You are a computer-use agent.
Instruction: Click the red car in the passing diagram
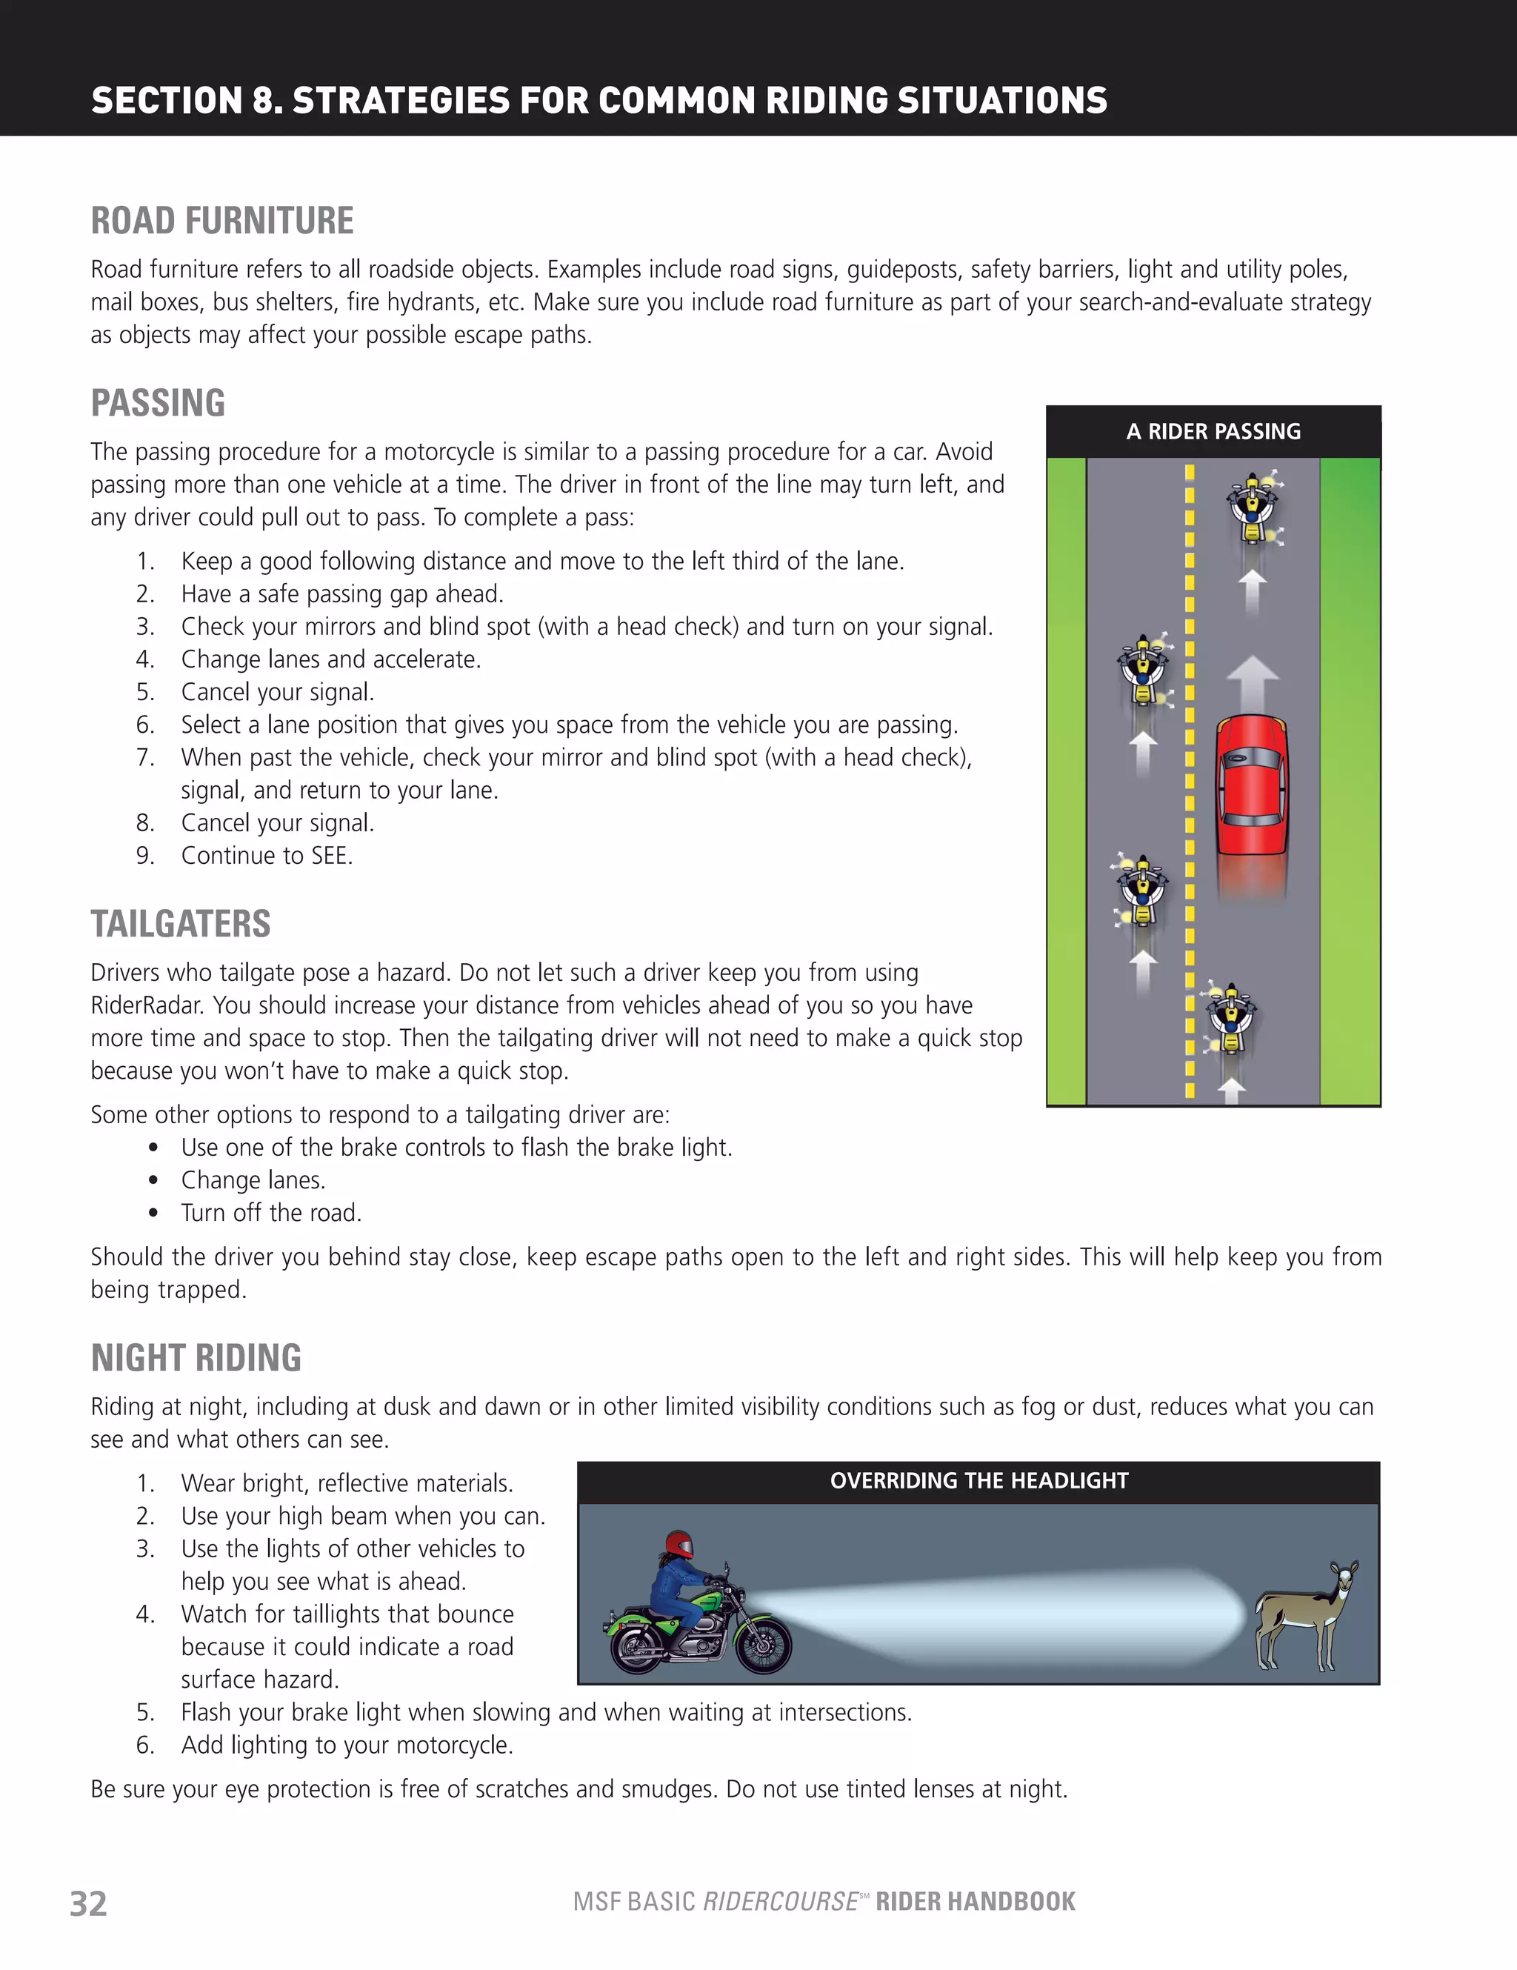[1251, 785]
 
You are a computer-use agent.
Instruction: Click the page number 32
[88, 1903]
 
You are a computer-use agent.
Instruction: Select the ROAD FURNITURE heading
[222, 221]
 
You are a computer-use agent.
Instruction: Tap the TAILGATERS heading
[181, 925]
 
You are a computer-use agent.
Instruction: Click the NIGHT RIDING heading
[196, 1357]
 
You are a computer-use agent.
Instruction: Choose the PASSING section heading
[158, 403]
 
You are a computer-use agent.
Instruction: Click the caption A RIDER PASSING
[1213, 432]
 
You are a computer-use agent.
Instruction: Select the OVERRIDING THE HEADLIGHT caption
[978, 1481]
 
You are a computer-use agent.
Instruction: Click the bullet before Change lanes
[153, 1181]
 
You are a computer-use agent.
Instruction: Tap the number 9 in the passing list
[144, 856]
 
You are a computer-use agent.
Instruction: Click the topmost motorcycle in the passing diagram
[1252, 507]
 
